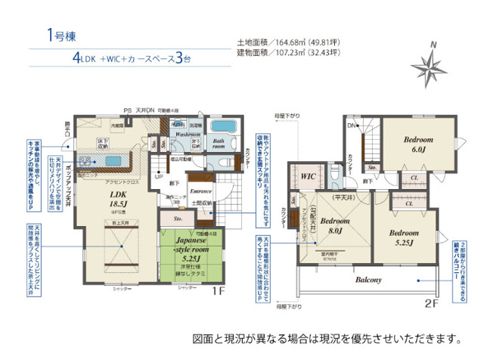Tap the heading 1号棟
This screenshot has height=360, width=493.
60,35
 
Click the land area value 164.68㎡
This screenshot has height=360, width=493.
297,43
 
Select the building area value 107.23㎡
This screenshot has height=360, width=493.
297,54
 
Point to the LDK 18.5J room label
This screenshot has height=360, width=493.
98,199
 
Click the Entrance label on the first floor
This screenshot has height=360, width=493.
200,192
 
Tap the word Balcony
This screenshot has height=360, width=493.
369,279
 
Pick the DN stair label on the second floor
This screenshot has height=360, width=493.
349,125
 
